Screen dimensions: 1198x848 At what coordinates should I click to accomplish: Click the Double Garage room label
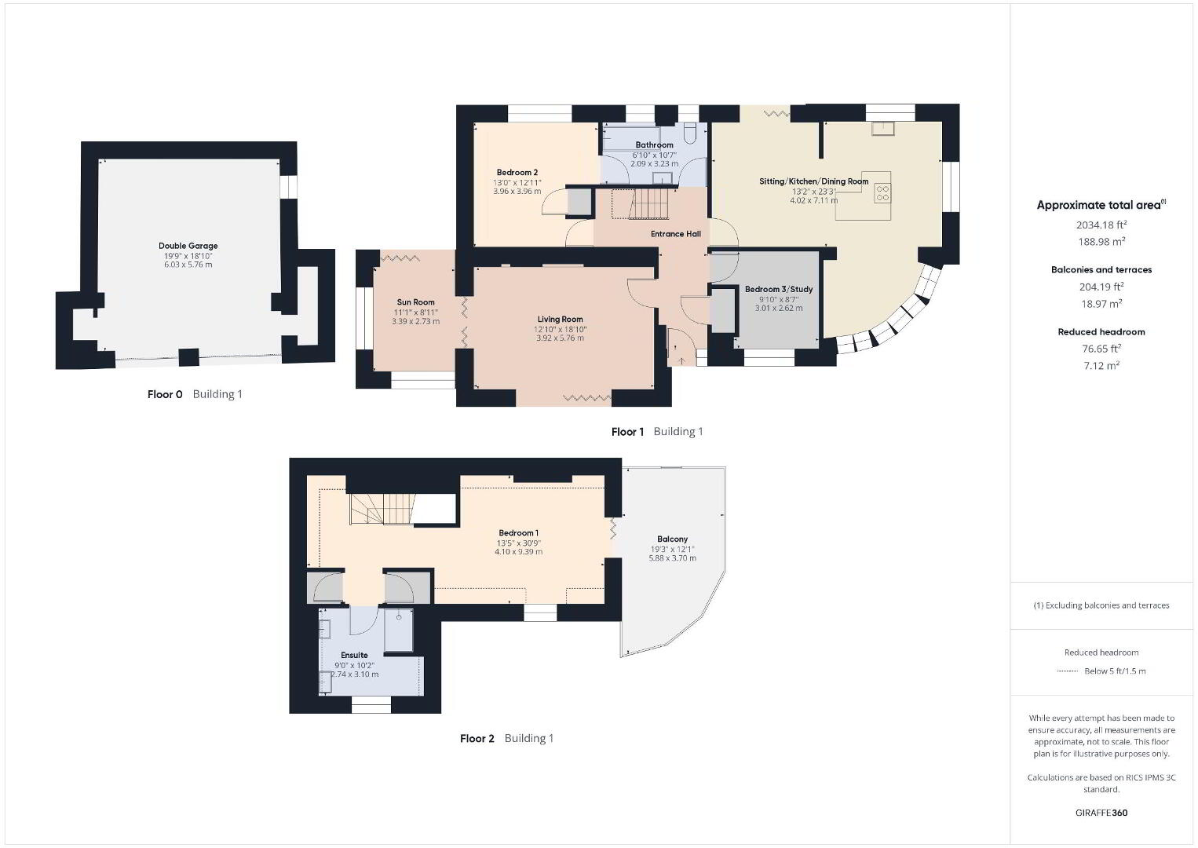(x=188, y=246)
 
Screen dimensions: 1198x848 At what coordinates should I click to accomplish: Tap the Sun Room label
(x=415, y=302)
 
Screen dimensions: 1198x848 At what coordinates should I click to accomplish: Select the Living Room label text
(x=560, y=320)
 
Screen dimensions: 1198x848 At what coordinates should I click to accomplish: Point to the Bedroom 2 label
(x=517, y=172)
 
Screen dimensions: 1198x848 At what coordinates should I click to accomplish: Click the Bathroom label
(x=654, y=145)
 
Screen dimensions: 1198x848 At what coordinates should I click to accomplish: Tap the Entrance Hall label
(x=675, y=234)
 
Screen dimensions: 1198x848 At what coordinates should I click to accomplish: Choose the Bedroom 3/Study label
(x=779, y=290)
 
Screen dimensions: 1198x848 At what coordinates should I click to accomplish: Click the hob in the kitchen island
(x=882, y=193)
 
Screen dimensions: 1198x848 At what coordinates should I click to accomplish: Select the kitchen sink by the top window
(x=883, y=129)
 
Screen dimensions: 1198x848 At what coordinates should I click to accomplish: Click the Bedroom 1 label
(x=518, y=533)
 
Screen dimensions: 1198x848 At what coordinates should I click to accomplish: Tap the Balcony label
(x=672, y=539)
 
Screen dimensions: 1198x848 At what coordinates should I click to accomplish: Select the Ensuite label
(x=354, y=656)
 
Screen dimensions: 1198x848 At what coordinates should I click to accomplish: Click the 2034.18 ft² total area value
(x=1101, y=225)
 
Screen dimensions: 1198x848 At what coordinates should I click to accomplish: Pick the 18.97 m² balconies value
(x=1101, y=303)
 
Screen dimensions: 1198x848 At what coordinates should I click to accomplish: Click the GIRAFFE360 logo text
(x=1101, y=813)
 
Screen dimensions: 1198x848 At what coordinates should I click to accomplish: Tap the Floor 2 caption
(x=477, y=739)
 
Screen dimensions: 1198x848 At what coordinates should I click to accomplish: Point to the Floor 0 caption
(x=165, y=395)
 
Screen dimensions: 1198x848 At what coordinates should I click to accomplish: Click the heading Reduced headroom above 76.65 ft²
(x=1101, y=331)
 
